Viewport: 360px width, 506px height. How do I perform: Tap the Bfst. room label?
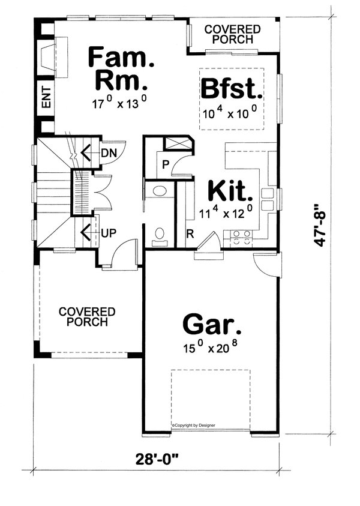tap(232, 89)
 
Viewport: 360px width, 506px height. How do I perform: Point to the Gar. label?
tap(212, 326)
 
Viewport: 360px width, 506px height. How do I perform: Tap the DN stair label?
tap(109, 152)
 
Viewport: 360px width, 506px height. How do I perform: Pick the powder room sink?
tap(160, 191)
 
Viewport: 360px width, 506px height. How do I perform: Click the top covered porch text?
tap(233, 34)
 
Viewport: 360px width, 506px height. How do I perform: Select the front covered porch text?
tap(87, 316)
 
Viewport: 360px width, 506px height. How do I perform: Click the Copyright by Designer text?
tap(193, 425)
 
